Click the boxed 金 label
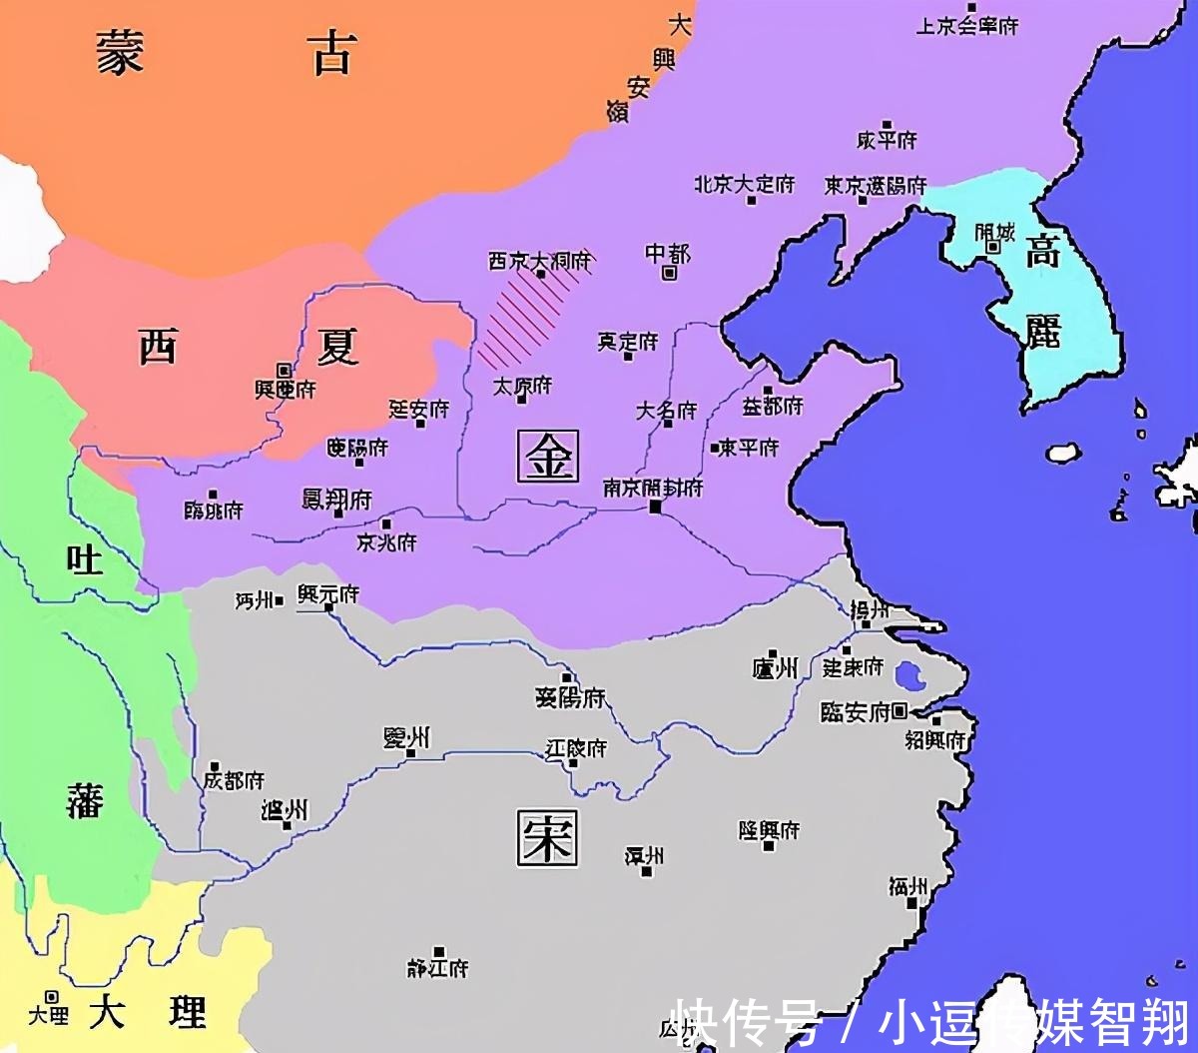548,457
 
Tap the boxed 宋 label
547,836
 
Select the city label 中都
668,254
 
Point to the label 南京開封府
653,488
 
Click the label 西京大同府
539,261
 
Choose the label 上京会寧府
966,26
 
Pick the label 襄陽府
570,697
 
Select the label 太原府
522,385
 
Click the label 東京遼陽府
875,186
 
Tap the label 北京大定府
745,185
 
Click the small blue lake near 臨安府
910,676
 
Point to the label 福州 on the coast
908,886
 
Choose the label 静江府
437,967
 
